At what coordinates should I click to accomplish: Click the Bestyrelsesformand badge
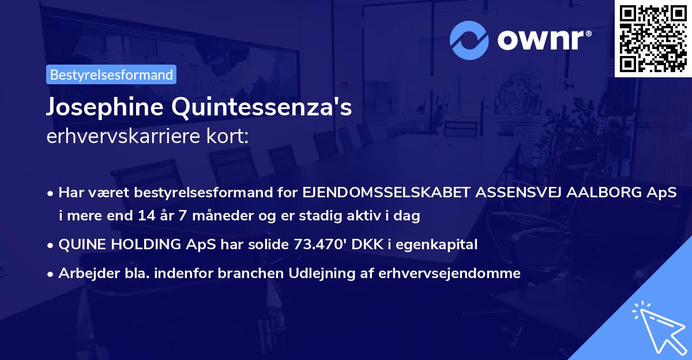click(111, 74)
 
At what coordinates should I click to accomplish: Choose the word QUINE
click(81, 245)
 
